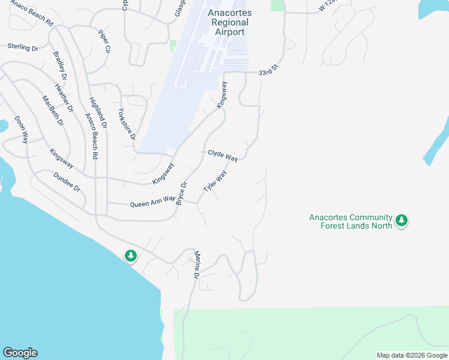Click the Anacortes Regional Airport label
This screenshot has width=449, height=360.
(x=229, y=22)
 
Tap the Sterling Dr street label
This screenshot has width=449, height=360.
(x=23, y=46)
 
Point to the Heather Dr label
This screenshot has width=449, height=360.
(x=64, y=98)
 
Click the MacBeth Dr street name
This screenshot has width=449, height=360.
(x=52, y=110)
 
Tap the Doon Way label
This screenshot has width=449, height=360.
(x=21, y=130)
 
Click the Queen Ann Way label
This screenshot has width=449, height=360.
(x=153, y=204)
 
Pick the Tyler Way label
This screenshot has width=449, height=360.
(x=215, y=181)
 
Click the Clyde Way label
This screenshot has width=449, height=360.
(x=223, y=155)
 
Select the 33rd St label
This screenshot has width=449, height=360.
(x=270, y=71)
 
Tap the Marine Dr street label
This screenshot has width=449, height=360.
(x=196, y=265)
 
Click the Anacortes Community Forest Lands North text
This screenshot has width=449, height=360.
(x=351, y=221)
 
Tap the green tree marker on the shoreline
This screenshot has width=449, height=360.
(x=130, y=256)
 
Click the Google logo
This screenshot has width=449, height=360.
(x=20, y=353)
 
